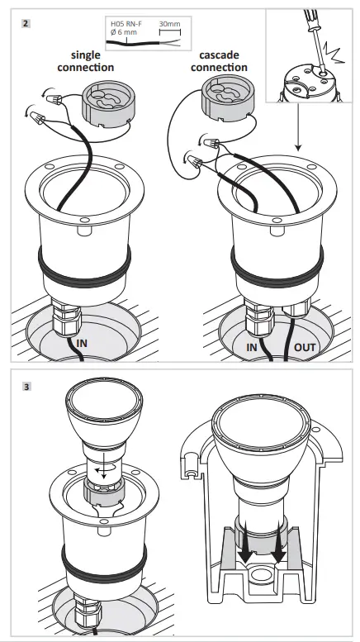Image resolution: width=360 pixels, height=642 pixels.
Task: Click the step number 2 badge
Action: [x=26, y=23]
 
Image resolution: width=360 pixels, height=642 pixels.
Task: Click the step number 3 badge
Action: [x=26, y=387]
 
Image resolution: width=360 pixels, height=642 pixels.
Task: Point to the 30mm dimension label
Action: [x=169, y=24]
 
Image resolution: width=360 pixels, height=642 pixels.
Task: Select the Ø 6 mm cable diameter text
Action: [x=124, y=32]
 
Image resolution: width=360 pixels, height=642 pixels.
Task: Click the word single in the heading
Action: [x=86, y=55]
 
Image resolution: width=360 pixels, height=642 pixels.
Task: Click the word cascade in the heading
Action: [x=219, y=55]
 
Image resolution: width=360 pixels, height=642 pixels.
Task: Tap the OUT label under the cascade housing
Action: [x=305, y=348]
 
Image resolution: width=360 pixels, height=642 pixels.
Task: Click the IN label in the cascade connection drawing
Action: [x=252, y=348]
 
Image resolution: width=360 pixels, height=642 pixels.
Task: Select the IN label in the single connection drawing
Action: [x=82, y=343]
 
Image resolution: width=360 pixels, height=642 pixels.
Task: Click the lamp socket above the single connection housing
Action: [x=108, y=101]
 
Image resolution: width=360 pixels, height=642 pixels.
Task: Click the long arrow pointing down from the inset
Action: [x=298, y=127]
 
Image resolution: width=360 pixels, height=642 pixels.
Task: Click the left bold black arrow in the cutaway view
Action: [x=245, y=544]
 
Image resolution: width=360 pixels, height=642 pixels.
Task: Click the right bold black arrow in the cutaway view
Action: [x=278, y=544]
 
